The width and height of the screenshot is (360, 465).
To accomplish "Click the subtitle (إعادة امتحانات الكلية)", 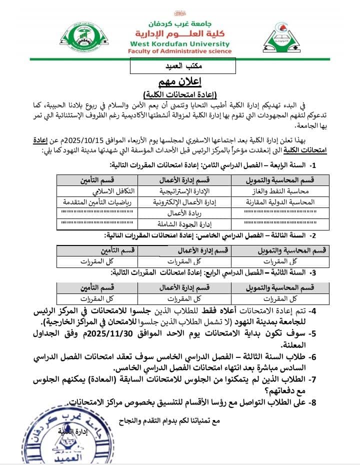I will click(x=179, y=94).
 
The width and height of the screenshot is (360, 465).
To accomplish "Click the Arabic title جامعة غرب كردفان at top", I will click(x=179, y=23).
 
